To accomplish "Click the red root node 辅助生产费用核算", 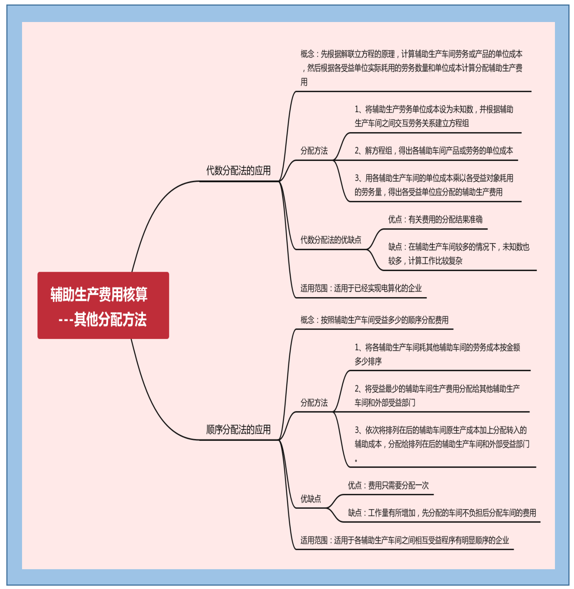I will [103, 305].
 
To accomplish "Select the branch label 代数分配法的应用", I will [238, 171].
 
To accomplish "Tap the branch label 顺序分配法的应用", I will [238, 430].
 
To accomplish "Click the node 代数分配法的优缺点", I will [331, 240].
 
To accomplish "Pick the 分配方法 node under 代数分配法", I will [314, 151].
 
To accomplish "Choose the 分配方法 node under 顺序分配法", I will [314, 403].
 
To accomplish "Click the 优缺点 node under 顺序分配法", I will [311, 499].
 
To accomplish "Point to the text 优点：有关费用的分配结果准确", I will [435, 219].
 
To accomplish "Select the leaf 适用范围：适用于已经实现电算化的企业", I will [361, 288].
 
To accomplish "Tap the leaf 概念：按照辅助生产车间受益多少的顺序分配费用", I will [374, 320].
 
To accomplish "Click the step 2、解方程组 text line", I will [433, 151].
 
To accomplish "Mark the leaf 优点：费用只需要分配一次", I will [388, 485].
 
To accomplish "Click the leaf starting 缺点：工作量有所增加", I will [442, 513].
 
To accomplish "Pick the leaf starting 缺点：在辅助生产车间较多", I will [459, 253].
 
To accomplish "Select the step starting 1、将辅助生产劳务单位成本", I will [433, 116].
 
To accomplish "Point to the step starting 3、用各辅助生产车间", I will [433, 185].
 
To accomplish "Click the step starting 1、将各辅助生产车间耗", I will [437, 354].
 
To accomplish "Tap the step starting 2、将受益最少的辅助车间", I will [437, 396].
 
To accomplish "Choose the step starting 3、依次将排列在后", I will [441, 437].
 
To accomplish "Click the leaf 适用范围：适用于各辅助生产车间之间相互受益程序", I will [404, 540].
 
